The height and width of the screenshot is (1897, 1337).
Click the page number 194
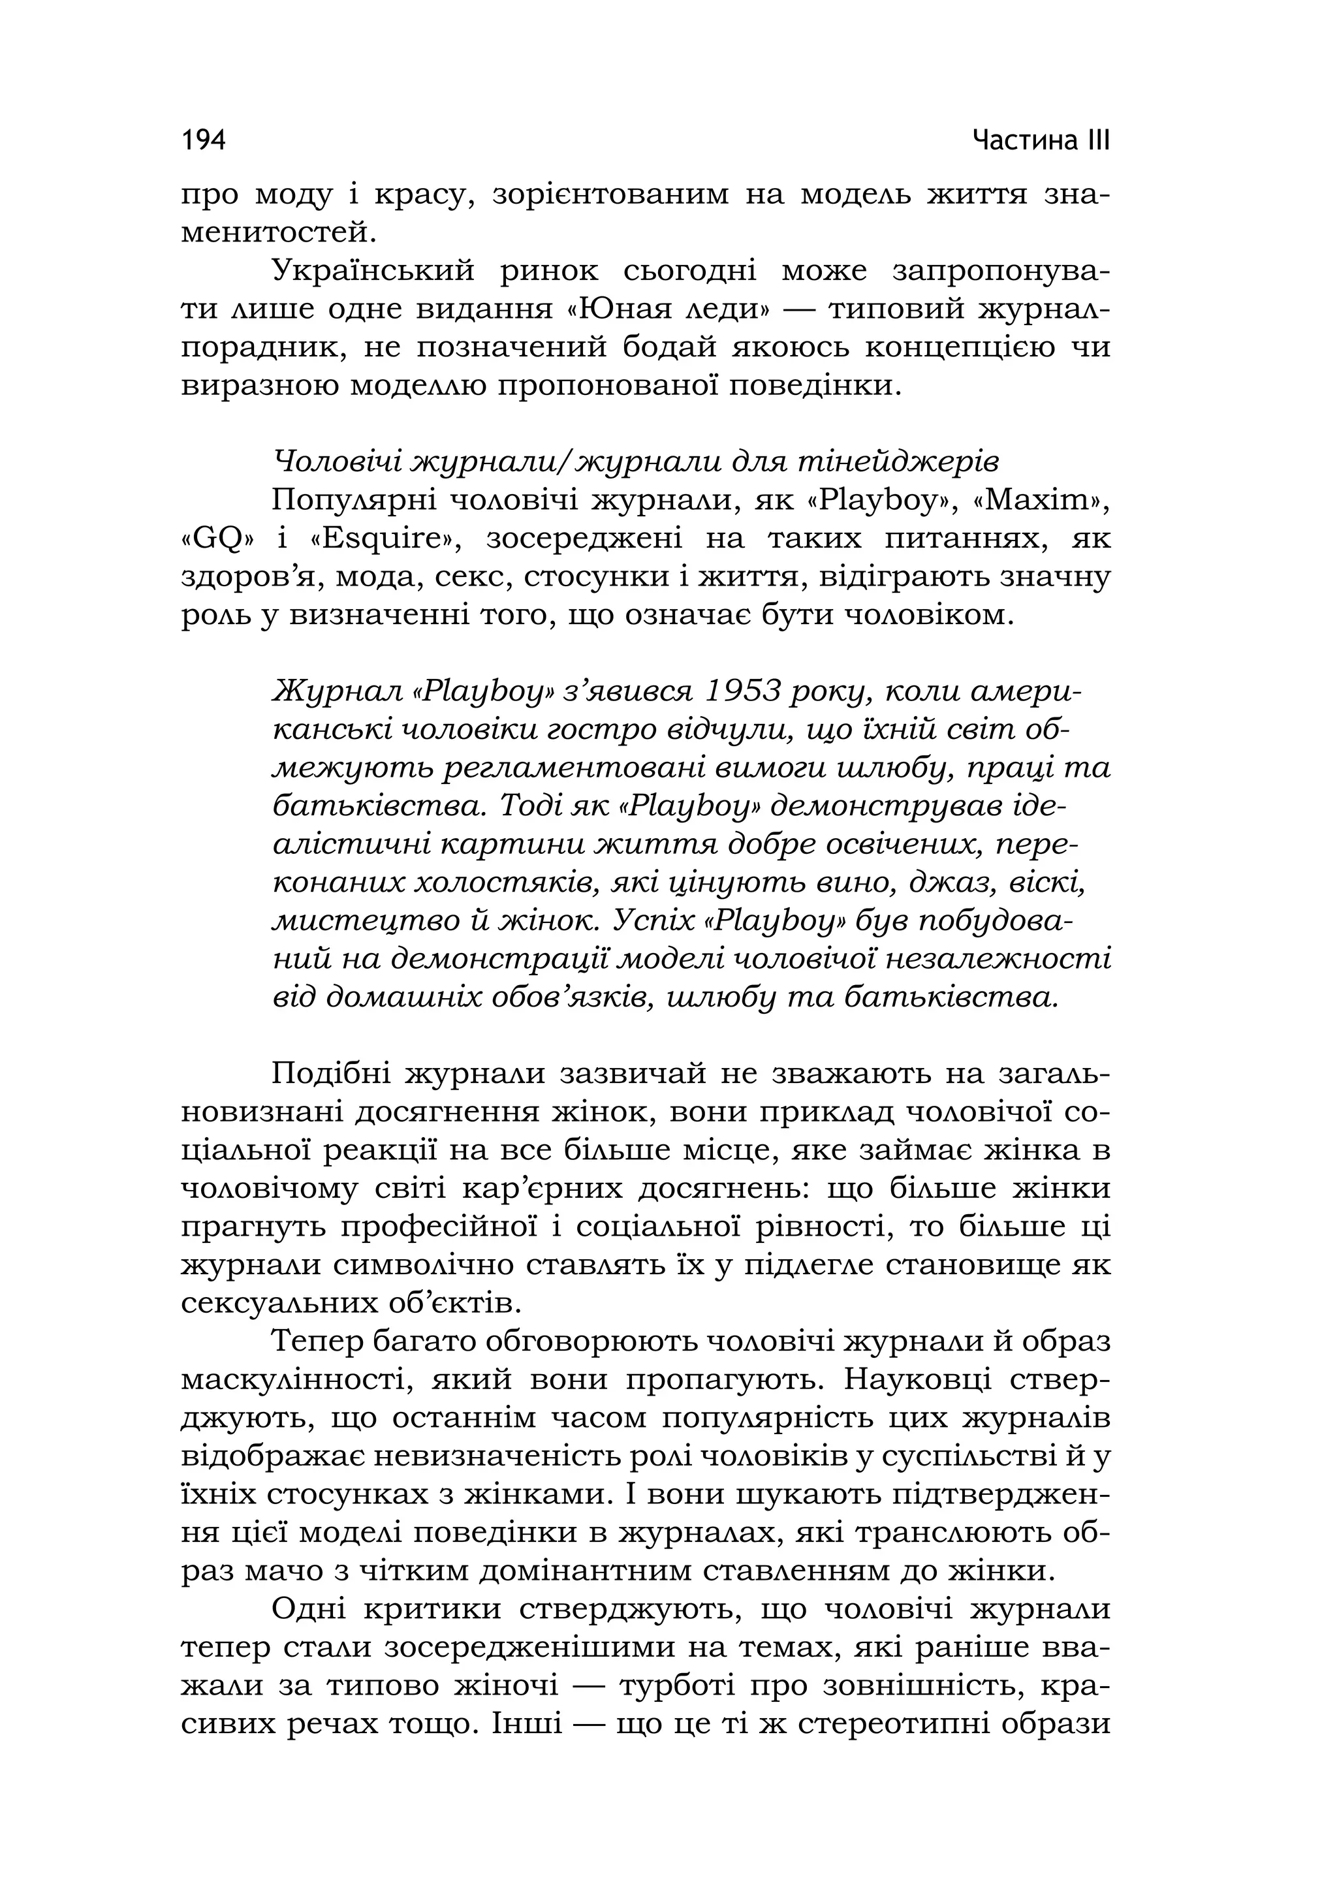[203, 140]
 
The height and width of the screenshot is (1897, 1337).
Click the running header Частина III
[1041, 140]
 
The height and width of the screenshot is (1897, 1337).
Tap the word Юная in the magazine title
[610, 309]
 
